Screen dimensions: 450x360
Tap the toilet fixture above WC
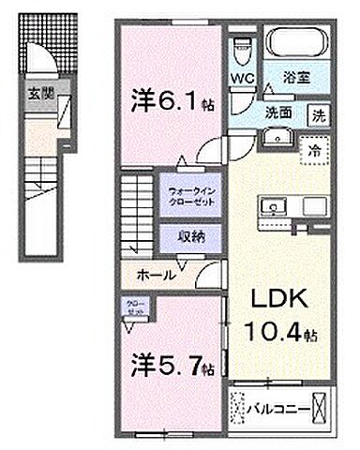point(241,46)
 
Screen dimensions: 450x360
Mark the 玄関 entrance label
point(37,93)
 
